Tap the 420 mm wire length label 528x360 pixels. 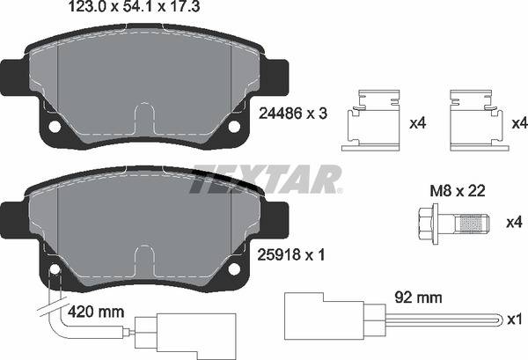(x=94, y=312)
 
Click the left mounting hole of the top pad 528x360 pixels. (x=55, y=126)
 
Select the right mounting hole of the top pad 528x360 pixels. (x=234, y=126)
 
